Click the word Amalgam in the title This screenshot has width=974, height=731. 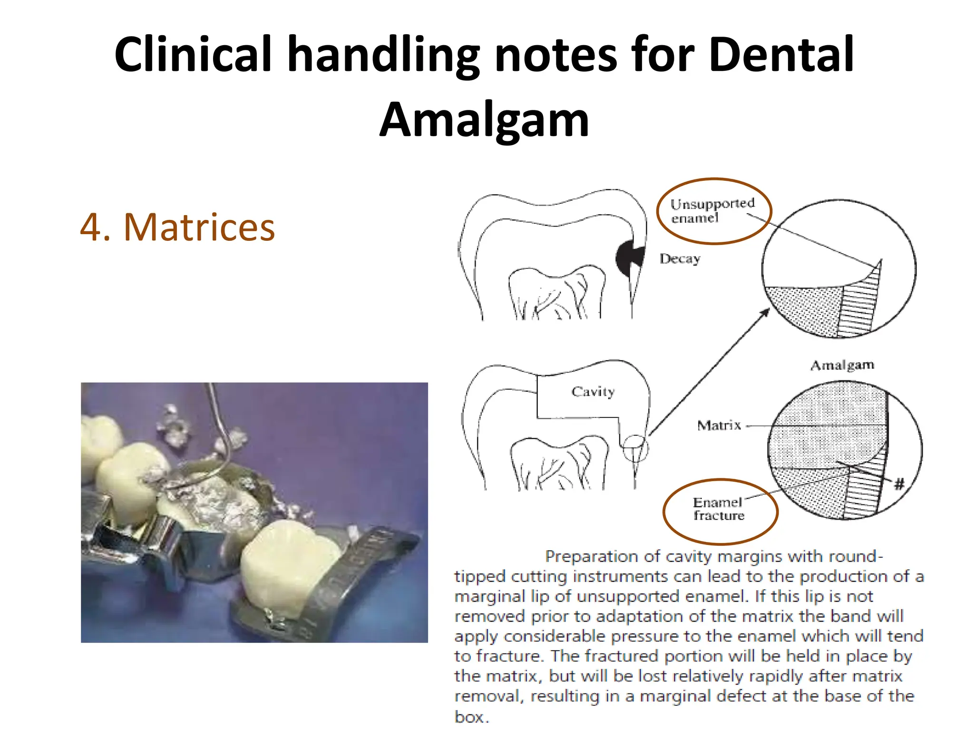(484, 119)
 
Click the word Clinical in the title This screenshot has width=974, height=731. (193, 54)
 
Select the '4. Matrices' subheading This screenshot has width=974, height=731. (177, 227)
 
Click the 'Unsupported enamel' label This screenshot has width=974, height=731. (712, 210)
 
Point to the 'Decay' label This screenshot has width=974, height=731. (680, 258)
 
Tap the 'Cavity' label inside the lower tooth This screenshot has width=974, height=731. (593, 391)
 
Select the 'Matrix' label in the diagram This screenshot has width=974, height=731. (719, 425)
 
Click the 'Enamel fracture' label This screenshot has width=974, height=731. (718, 509)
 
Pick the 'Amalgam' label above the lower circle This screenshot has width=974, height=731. (842, 365)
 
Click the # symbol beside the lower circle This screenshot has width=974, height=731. (899, 484)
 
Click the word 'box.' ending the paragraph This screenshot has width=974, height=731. (471, 716)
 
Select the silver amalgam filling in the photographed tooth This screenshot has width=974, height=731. (214, 500)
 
